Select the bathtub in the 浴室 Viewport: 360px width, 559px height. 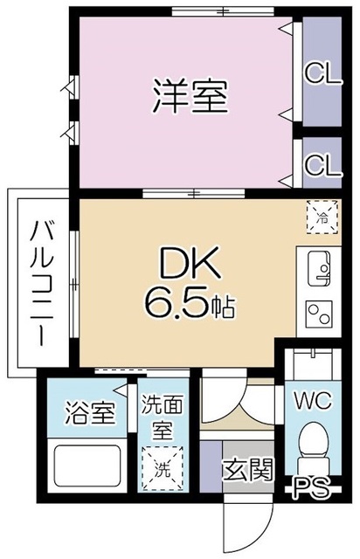click(88, 462)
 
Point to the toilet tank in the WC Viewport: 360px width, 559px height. click(311, 362)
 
